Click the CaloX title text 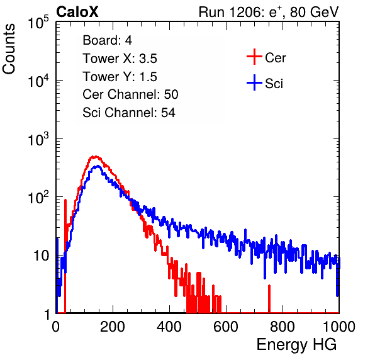[x=77, y=12]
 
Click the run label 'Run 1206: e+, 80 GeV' [x=269, y=12]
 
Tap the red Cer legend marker [x=254, y=57]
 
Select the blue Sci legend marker [x=254, y=82]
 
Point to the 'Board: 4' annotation [x=107, y=40]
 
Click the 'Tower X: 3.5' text [x=120, y=59]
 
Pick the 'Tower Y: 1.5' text [x=120, y=77]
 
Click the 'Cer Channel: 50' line [x=130, y=94]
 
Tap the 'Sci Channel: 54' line [x=129, y=113]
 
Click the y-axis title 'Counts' [x=9, y=49]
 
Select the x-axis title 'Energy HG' [x=296, y=345]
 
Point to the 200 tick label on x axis [x=113, y=327]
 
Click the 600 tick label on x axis [x=226, y=327]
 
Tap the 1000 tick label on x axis [x=339, y=327]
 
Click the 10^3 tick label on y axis [x=38, y=139]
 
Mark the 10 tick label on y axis [x=42, y=256]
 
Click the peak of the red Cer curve [x=96, y=157]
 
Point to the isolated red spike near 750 [x=269, y=299]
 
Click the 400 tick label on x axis [x=169, y=327]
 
